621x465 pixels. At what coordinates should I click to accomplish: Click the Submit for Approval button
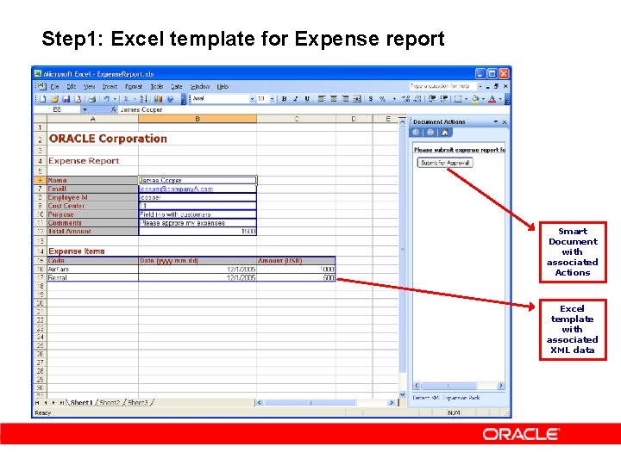[x=445, y=163]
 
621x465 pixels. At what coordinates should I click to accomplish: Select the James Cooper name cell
[x=197, y=181]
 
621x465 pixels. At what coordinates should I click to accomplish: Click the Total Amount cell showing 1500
[x=197, y=231]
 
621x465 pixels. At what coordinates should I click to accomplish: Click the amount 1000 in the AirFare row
[x=296, y=269]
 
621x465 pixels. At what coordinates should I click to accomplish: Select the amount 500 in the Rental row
[x=296, y=277]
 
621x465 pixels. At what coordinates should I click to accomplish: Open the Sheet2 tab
[x=110, y=402]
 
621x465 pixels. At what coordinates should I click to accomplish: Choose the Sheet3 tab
[x=138, y=402]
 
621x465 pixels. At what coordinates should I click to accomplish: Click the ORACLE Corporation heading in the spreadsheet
[x=108, y=139]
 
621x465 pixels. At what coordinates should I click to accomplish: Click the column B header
[x=198, y=119]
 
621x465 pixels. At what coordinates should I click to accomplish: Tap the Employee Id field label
[x=68, y=197]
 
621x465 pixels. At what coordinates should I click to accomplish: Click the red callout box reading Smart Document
[x=572, y=251]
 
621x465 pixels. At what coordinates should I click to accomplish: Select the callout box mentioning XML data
[x=572, y=329]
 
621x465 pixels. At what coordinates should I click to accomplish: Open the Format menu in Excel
[x=134, y=87]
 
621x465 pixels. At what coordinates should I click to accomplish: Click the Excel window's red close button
[x=505, y=73]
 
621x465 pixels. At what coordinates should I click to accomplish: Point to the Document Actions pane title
[x=440, y=121]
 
